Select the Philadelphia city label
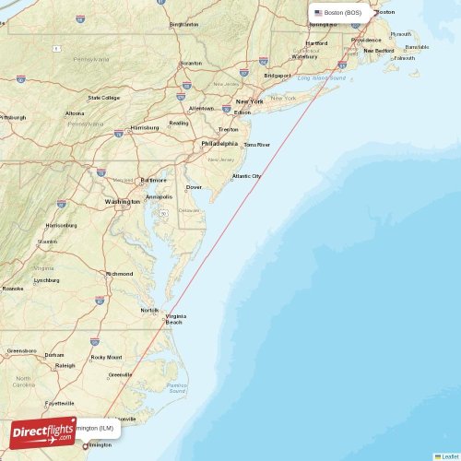pyautogui.click(x=219, y=143)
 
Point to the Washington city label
pyautogui.click(x=122, y=201)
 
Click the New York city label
pyautogui.click(x=249, y=101)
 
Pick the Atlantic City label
pyautogui.click(x=246, y=175)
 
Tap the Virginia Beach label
pyautogui.click(x=174, y=319)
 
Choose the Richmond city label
pyautogui.click(x=119, y=273)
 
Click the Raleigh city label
pyautogui.click(x=65, y=365)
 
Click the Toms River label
pyautogui.click(x=256, y=145)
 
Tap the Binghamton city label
pyautogui.click(x=183, y=24)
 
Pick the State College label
pyautogui.click(x=103, y=97)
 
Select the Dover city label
pyautogui.click(x=194, y=187)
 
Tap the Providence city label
pyautogui.click(x=366, y=41)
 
